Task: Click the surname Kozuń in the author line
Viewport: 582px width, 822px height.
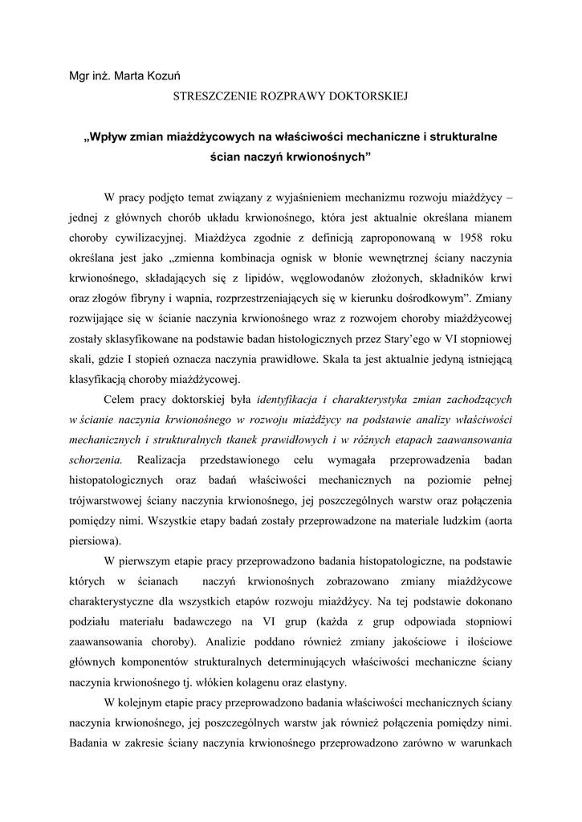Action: coord(159,75)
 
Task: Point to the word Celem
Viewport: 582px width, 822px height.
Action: coord(121,398)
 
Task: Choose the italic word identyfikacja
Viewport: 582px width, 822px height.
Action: coord(292,398)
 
